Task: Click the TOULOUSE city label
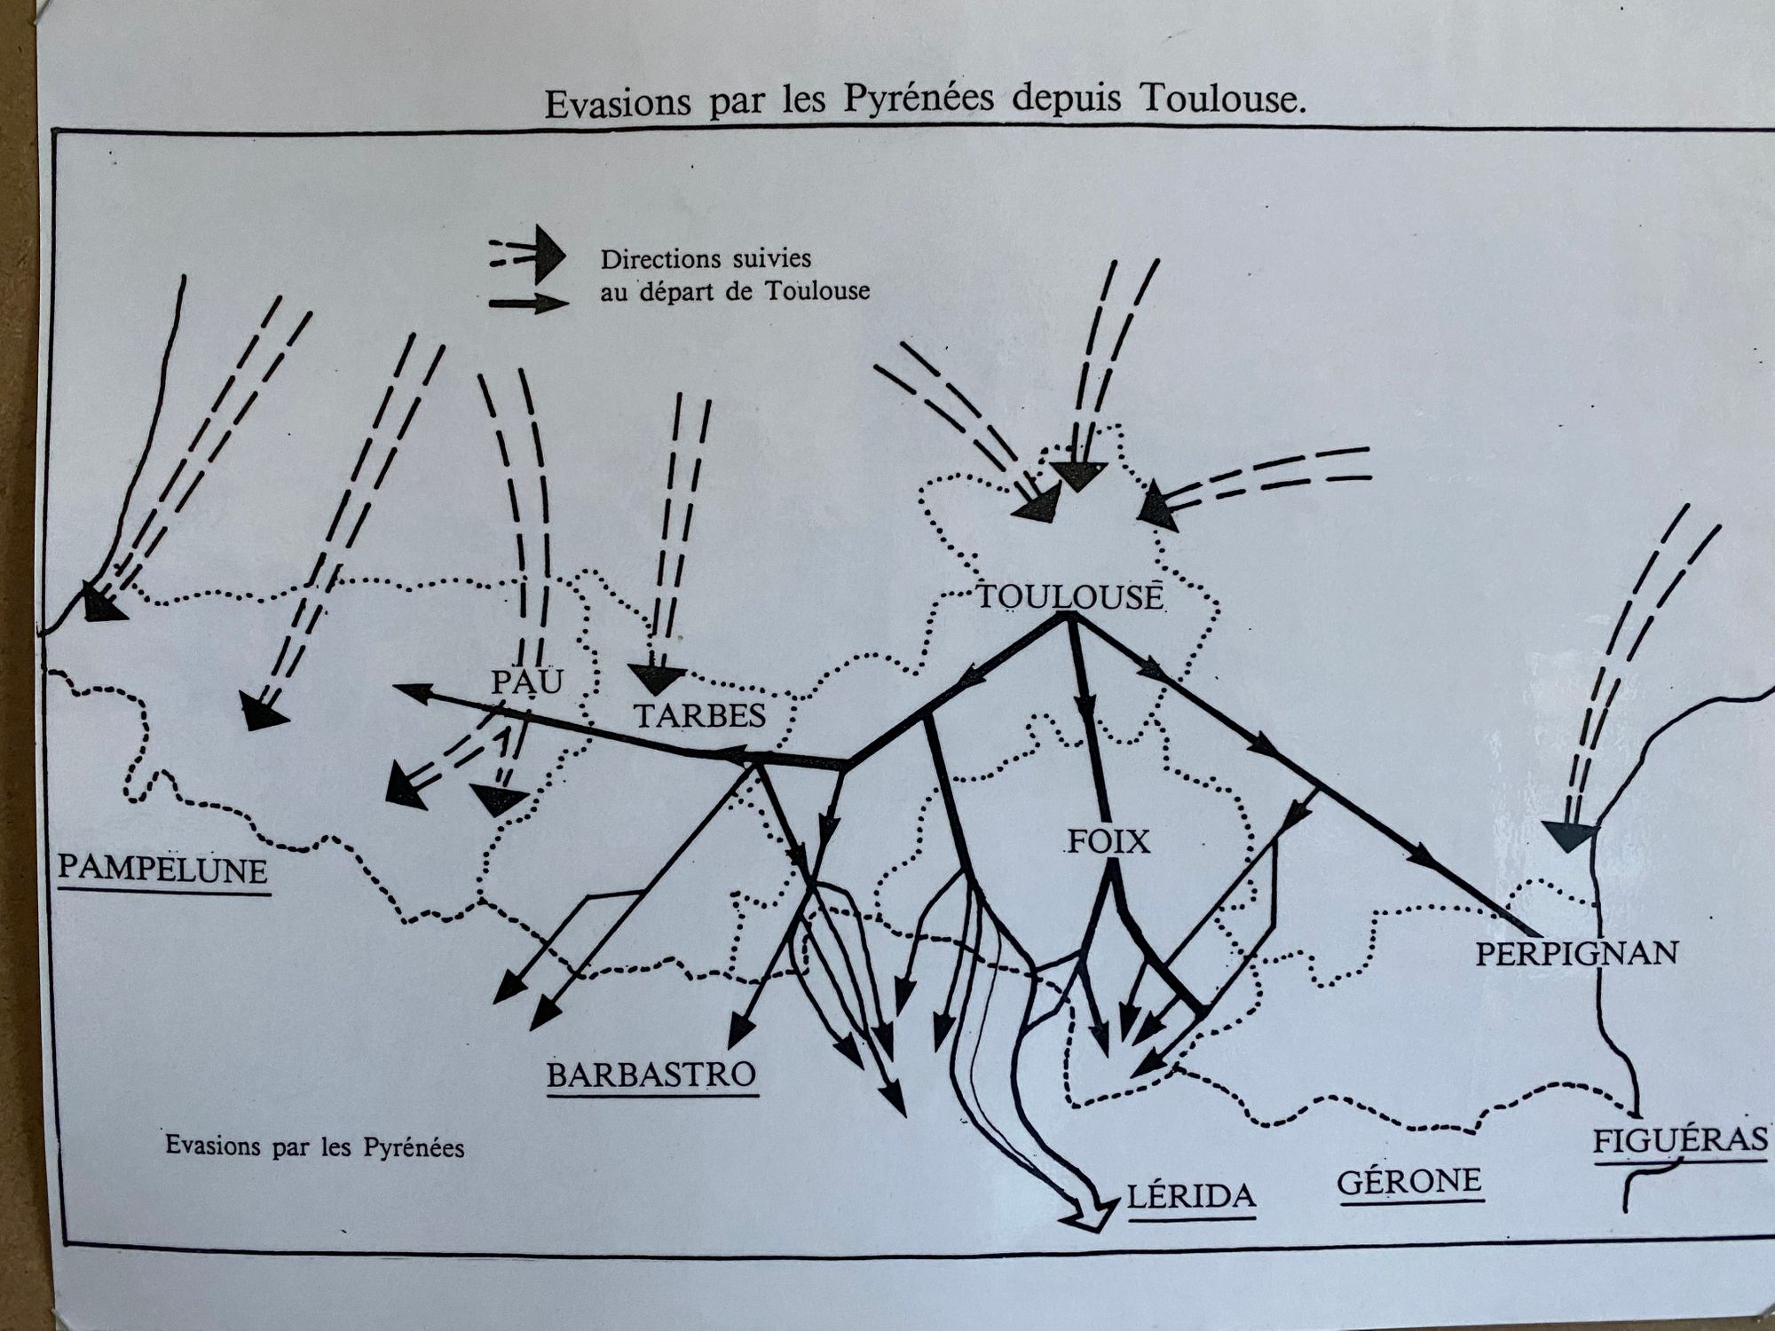pos(1069,596)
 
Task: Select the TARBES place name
pos(699,715)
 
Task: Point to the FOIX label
pos(1108,841)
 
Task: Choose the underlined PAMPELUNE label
pos(163,870)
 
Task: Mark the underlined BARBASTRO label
pos(651,1075)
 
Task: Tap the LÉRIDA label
pos(1191,1197)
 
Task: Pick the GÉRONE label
pos(1409,1182)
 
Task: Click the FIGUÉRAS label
pos(1680,1140)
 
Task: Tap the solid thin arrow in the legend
pos(529,303)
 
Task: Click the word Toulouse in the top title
pos(1222,99)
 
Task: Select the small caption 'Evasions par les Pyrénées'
pos(314,1146)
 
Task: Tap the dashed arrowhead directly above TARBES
pos(655,679)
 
